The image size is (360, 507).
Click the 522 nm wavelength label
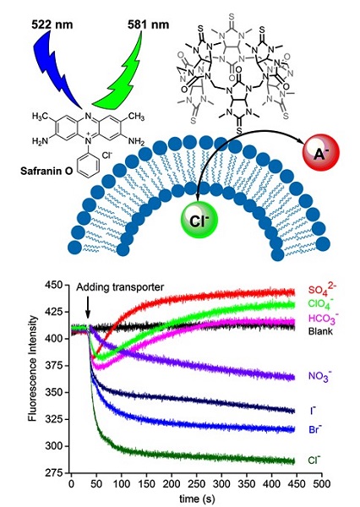tap(52, 25)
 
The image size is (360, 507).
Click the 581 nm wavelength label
tap(148, 25)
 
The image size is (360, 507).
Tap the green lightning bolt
tap(117, 70)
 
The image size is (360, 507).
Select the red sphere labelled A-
tap(321, 151)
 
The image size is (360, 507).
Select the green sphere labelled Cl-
tap(199, 220)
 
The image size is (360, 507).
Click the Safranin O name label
tap(46, 171)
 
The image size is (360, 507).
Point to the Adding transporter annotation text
tap(120, 287)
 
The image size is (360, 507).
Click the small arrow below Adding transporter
tap(88, 309)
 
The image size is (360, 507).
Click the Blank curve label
tap(320, 331)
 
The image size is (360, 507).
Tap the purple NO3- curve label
tap(320, 377)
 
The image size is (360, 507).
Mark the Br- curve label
tap(315, 429)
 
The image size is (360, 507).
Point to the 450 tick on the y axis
tap(55, 286)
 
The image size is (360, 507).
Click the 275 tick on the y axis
tap(55, 473)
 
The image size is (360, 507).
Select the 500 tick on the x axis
tap(322, 483)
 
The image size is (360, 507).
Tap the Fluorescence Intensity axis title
tap(33, 368)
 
